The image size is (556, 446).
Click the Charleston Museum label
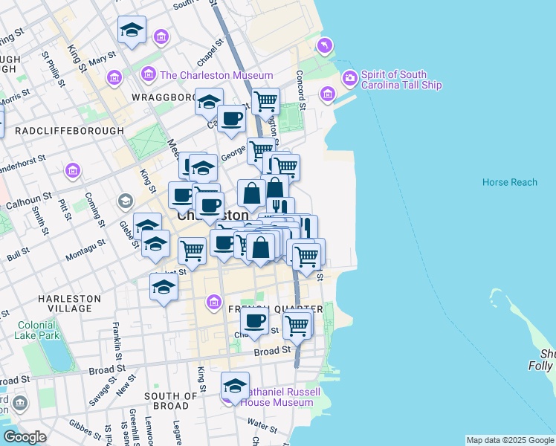(216, 75)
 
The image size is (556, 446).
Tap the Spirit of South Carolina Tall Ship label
(401, 80)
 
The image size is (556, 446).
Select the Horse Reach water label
(509, 182)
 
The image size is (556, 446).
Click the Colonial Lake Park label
(36, 330)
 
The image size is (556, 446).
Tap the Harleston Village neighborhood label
(69, 303)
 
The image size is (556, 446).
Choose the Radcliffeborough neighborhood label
(69, 131)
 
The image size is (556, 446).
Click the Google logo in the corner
(24, 437)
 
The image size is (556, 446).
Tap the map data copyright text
(509, 440)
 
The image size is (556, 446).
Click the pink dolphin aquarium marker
(325, 47)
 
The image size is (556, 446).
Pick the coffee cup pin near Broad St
(254, 321)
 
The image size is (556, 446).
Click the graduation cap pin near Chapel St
(209, 102)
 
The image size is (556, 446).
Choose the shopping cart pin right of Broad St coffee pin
(297, 324)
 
